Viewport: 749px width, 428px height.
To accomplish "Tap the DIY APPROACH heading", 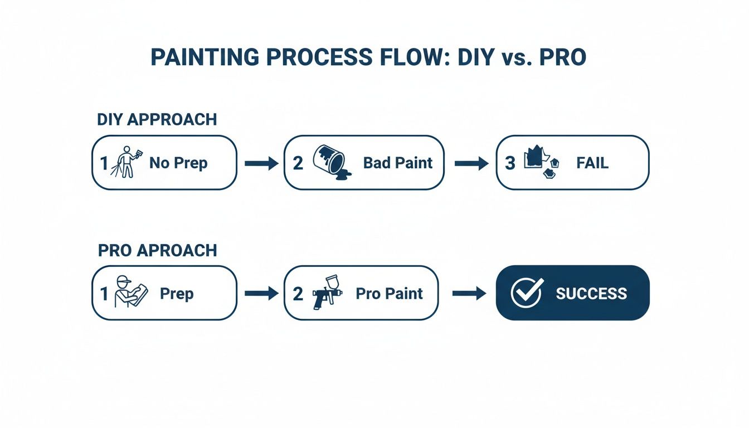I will click(x=157, y=119).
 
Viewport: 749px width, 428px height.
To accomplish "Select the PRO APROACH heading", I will click(x=157, y=250).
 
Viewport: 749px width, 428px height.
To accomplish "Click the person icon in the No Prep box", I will click(x=127, y=162).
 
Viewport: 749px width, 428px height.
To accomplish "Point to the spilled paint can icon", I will click(x=332, y=162).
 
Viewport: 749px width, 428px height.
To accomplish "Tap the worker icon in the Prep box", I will click(x=129, y=292).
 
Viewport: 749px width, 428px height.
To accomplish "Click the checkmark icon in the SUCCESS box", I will click(x=527, y=293).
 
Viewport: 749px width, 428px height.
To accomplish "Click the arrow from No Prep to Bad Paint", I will click(x=261, y=163).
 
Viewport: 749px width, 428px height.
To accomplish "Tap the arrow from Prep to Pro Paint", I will click(x=261, y=294).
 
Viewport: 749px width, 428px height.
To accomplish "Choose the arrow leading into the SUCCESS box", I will click(x=469, y=294).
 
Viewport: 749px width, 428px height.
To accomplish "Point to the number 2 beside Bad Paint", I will click(x=298, y=163).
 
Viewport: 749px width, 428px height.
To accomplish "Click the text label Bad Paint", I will click(x=397, y=163).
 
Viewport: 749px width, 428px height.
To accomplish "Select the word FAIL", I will click(x=592, y=163).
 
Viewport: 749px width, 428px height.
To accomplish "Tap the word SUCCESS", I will click(x=591, y=294).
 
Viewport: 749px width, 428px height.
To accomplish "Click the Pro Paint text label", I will click(x=389, y=294).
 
